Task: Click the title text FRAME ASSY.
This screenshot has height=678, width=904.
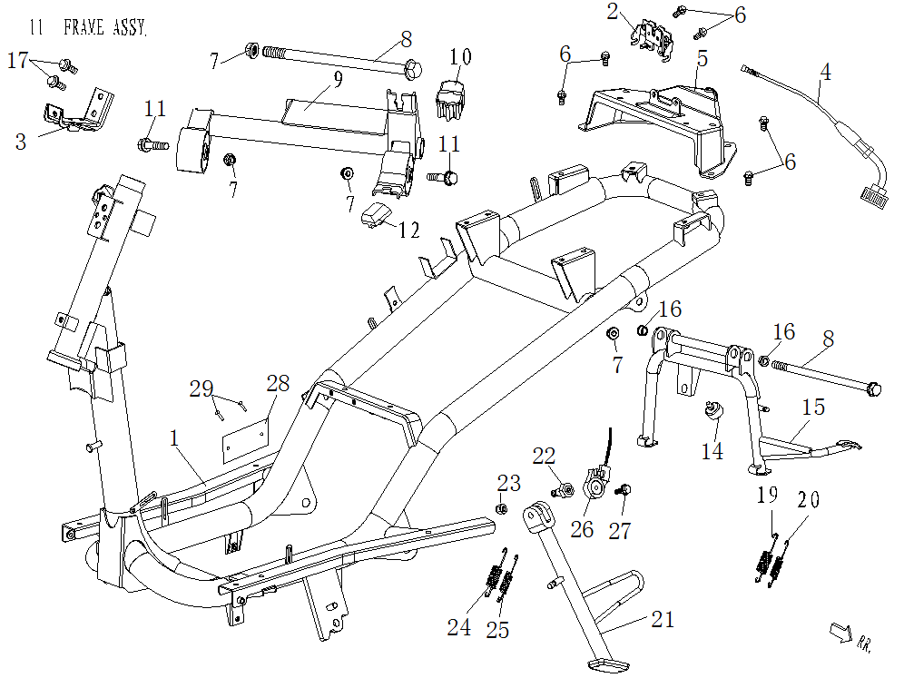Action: click(104, 28)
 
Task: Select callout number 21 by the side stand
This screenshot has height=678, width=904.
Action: click(663, 620)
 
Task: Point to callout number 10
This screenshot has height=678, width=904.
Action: click(461, 57)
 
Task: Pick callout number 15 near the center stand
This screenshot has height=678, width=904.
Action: click(813, 407)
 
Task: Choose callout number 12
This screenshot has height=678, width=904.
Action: click(408, 230)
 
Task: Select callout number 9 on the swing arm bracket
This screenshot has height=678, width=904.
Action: click(338, 79)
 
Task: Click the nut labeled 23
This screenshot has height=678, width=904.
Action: click(500, 508)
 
